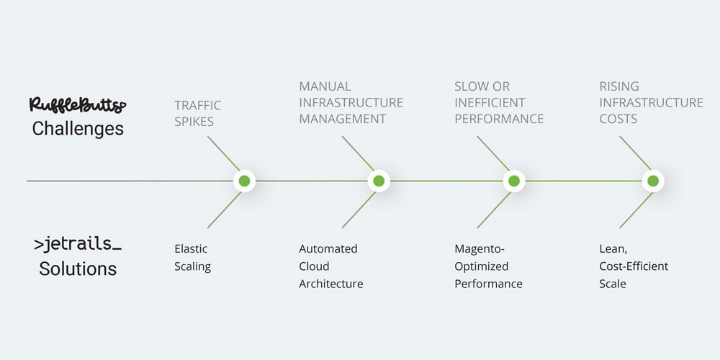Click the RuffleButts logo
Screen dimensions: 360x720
(x=77, y=105)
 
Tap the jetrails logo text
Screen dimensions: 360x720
(x=77, y=244)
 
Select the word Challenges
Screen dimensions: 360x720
(x=78, y=129)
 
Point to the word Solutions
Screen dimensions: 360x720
(x=78, y=269)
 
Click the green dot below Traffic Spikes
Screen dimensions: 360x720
(x=244, y=181)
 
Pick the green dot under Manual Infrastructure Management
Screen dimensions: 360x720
(x=378, y=181)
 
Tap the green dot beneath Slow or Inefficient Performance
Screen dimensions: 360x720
(x=513, y=181)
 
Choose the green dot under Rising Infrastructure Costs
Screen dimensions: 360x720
(x=652, y=181)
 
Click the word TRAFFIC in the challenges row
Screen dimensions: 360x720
(x=198, y=105)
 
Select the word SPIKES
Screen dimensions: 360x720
(x=194, y=122)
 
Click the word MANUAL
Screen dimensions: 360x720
(x=325, y=86)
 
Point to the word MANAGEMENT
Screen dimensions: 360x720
(x=343, y=119)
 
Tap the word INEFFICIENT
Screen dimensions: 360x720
(x=490, y=102)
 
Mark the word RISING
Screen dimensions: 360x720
(x=619, y=86)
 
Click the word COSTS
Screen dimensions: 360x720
(x=618, y=119)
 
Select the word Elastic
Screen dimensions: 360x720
(x=191, y=248)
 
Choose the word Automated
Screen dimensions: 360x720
(x=328, y=248)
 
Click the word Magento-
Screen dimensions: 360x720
(x=480, y=248)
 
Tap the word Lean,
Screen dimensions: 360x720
(x=613, y=248)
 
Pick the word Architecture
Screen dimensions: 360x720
(x=331, y=284)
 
